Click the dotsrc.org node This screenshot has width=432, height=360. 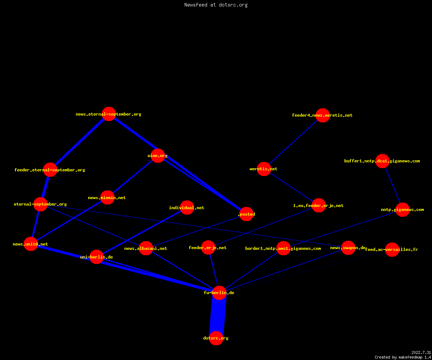[216, 338]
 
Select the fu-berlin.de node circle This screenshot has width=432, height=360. [219, 293]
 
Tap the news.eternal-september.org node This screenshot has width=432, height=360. [109, 114]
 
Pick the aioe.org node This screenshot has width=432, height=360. [158, 156]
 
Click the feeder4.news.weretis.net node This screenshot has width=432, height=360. [323, 115]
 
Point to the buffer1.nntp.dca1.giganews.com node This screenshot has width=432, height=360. [382, 161]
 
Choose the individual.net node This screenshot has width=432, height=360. [187, 207]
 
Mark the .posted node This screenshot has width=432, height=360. [246, 214]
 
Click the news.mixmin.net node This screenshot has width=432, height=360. [107, 197]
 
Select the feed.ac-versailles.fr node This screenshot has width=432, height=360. [392, 249]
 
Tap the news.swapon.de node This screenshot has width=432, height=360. [348, 248]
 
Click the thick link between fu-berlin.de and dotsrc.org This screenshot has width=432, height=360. [218, 315]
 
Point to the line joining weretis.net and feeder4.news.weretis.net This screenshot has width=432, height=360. [293, 142]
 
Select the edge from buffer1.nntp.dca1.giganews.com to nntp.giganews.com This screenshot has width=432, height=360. [392, 185]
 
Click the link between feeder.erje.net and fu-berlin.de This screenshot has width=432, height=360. [214, 270]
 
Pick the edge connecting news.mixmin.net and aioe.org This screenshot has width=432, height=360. [132, 176]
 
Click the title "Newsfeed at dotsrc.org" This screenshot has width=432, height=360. [216, 5]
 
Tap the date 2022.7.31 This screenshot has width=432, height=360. [421, 352]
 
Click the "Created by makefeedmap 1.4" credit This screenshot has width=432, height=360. [403, 357]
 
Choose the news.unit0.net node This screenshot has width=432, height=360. [31, 244]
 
